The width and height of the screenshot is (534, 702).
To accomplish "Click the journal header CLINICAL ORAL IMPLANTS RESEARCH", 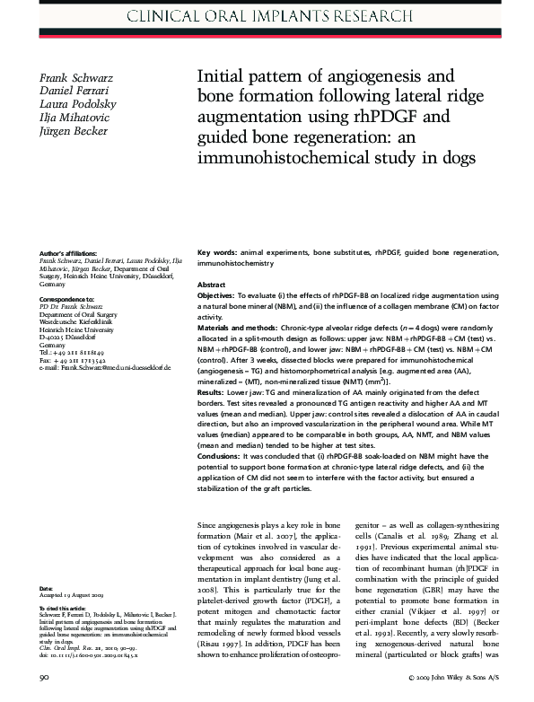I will [267, 15].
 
